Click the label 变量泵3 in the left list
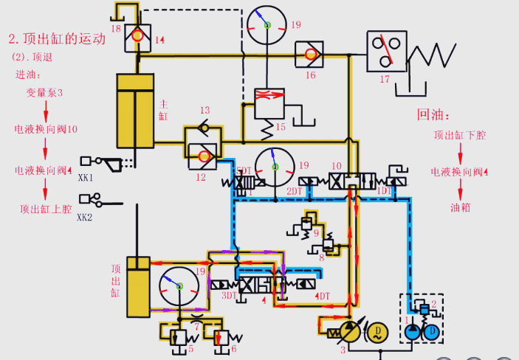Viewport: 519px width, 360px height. pyautogui.click(x=45, y=93)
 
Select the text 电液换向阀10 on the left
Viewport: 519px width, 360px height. pyautogui.click(x=46, y=130)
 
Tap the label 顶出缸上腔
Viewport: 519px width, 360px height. pyautogui.click(x=46, y=209)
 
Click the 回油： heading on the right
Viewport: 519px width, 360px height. pyautogui.click(x=433, y=114)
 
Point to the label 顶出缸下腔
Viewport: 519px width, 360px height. pyautogui.click(x=460, y=135)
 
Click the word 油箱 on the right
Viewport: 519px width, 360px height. pyautogui.click(x=460, y=208)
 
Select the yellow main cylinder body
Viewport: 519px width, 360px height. pyautogui.click(x=135, y=111)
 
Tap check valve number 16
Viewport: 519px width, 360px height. pyautogui.click(x=308, y=53)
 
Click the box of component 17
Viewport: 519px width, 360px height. pyautogui.click(x=386, y=51)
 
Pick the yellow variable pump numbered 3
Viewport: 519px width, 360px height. pyautogui.click(x=346, y=330)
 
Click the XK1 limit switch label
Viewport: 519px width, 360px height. pyautogui.click(x=86, y=178)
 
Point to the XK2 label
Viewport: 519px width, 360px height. pyautogui.click(x=86, y=218)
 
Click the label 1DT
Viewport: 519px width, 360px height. pyautogui.click(x=385, y=190)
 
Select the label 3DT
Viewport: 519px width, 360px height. pyautogui.click(x=230, y=295)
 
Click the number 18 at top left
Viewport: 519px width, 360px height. pyautogui.click(x=116, y=28)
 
